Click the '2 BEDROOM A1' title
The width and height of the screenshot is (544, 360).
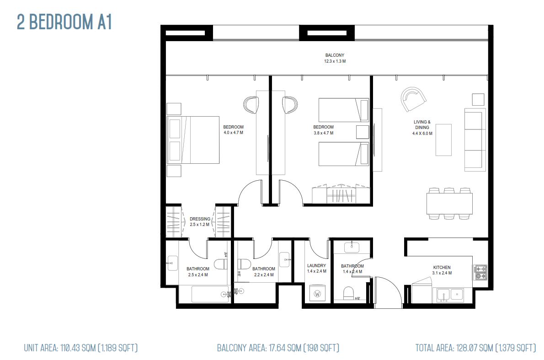click(64, 22)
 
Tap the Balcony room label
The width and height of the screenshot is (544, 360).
click(335, 55)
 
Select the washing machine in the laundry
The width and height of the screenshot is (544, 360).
click(317, 293)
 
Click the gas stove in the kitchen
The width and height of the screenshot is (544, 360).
click(480, 273)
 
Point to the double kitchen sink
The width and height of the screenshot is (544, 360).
click(450, 296)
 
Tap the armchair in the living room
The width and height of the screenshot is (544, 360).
click(413, 99)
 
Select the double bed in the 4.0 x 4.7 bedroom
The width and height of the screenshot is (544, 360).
click(193, 140)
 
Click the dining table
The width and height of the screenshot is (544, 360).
click(449, 204)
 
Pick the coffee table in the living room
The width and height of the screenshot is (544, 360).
click(444, 140)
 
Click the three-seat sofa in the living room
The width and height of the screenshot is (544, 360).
click(475, 140)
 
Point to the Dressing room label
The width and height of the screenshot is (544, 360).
click(200, 219)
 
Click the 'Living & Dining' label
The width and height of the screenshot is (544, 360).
click(422, 124)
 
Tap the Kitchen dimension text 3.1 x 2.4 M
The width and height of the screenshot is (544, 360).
click(442, 273)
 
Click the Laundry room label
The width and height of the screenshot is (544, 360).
click(316, 266)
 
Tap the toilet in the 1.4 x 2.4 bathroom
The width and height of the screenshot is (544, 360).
click(348, 293)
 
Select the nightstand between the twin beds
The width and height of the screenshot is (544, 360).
click(363, 132)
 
